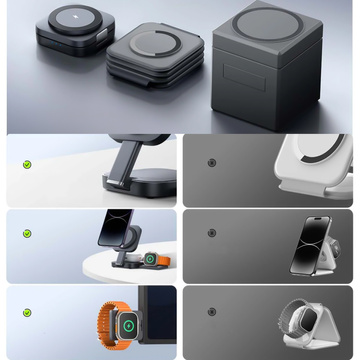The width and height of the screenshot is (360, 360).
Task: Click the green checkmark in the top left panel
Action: coord(27,164)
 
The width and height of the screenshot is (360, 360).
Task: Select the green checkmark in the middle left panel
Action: coord(27,234)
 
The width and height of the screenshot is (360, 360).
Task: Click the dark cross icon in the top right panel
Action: coord(210,163)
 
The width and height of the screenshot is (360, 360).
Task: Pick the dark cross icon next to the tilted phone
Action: coord(210,233)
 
